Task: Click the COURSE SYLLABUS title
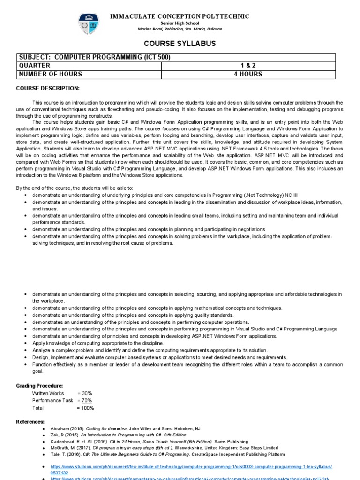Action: (180, 43)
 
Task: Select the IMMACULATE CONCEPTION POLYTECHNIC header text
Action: (180, 16)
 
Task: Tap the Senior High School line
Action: (180, 23)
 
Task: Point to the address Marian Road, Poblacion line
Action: (180, 29)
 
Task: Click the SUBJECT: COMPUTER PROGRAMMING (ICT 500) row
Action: (94, 58)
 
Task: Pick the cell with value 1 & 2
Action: (248, 66)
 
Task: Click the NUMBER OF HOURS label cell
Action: (51, 74)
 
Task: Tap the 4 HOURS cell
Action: (248, 74)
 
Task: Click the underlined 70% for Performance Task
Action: (87, 401)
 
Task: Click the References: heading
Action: (30, 422)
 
